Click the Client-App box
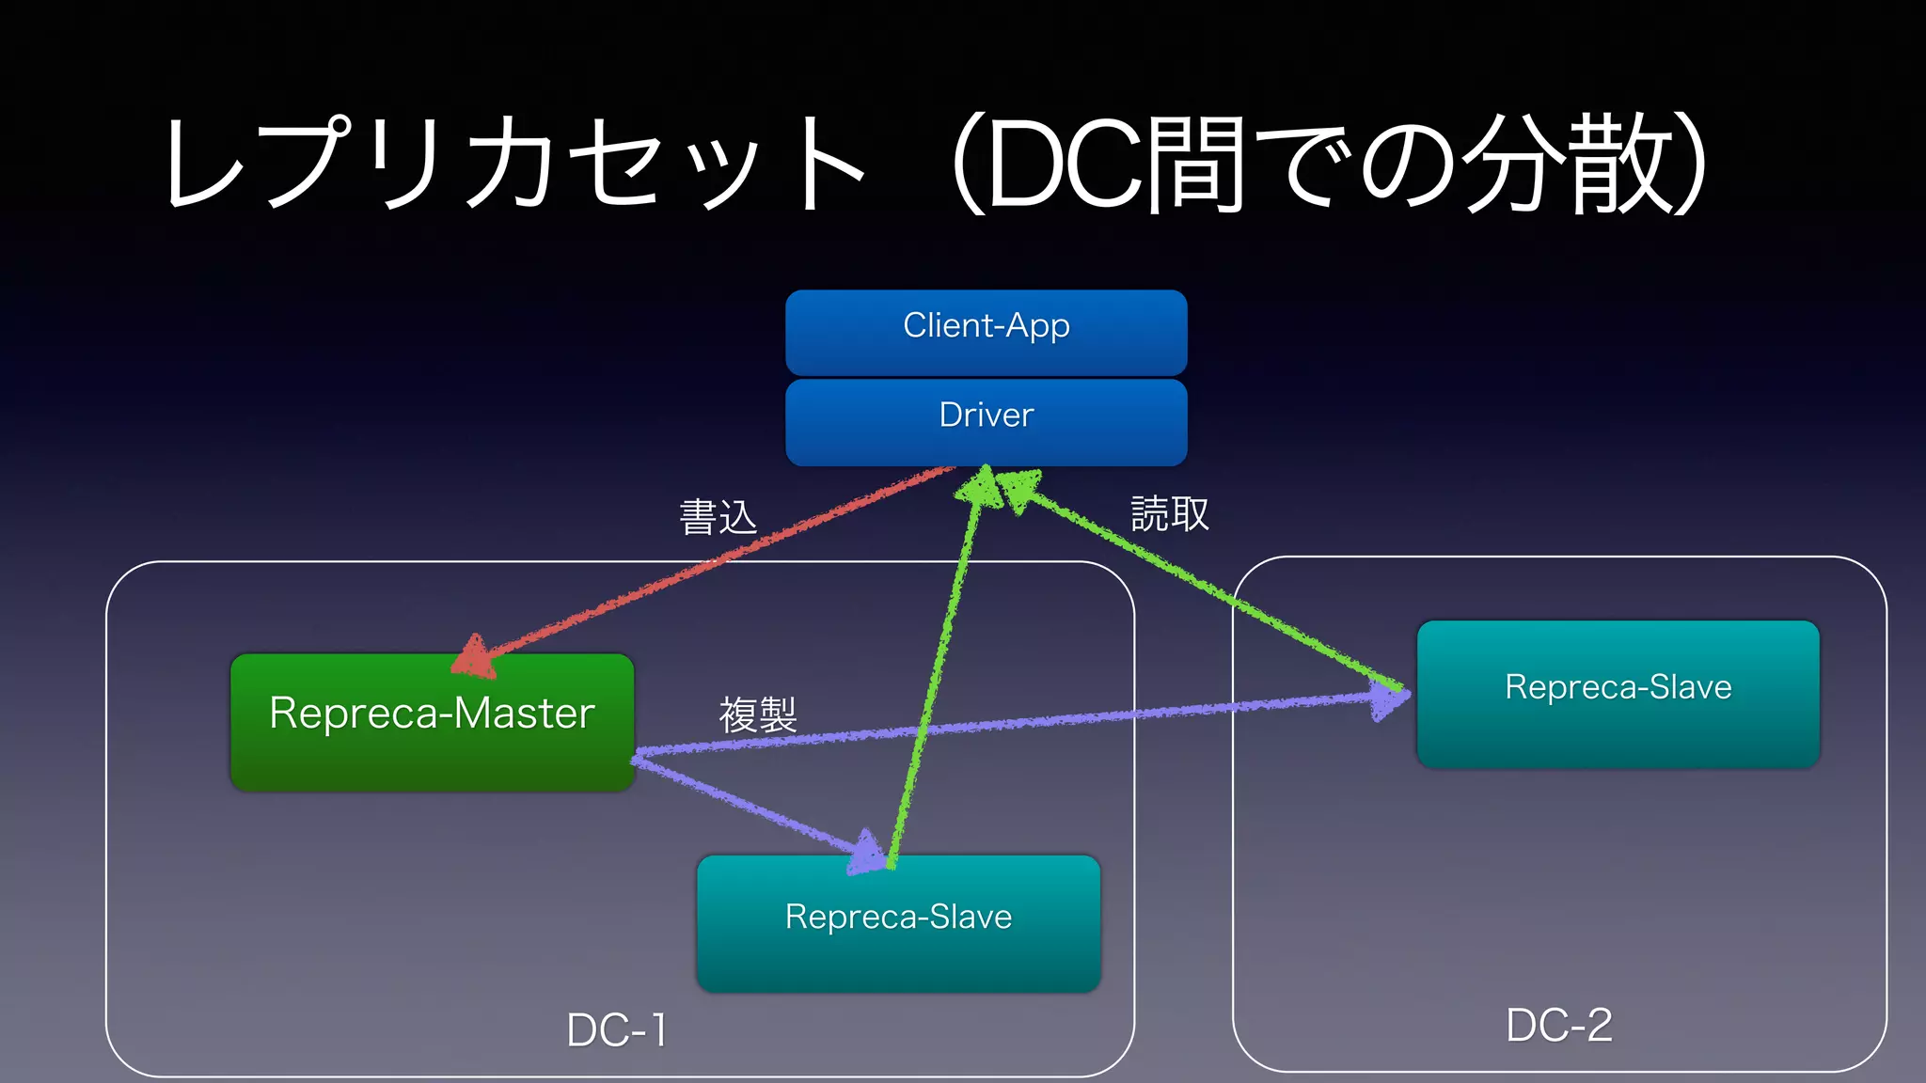coord(986,332)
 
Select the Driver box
coord(986,421)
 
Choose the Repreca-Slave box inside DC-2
coord(1618,694)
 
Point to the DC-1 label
coord(617,1030)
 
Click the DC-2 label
coord(1558,1025)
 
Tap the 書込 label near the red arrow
coord(718,517)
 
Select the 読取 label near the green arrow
coord(1169,514)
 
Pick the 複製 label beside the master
coord(758,714)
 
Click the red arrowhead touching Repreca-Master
coord(475,657)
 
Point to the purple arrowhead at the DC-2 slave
coord(1390,699)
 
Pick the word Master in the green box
coord(524,714)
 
